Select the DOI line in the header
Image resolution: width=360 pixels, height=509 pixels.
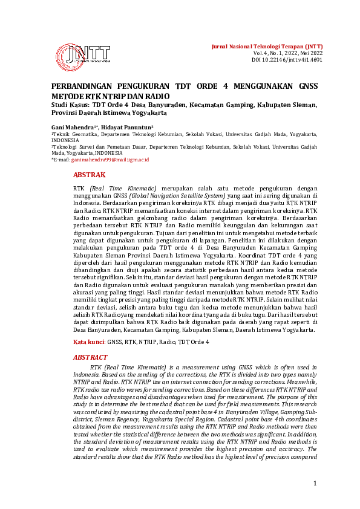point(287,60)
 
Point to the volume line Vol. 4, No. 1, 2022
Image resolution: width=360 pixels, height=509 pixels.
point(288,53)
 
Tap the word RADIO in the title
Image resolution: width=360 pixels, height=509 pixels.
point(158,96)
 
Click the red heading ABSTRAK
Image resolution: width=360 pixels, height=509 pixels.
point(89,174)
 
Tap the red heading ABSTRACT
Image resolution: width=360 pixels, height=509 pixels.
point(90,357)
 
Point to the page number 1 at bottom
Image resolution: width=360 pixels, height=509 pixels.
point(315,483)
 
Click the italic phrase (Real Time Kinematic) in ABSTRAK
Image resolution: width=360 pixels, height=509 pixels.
point(122,189)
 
